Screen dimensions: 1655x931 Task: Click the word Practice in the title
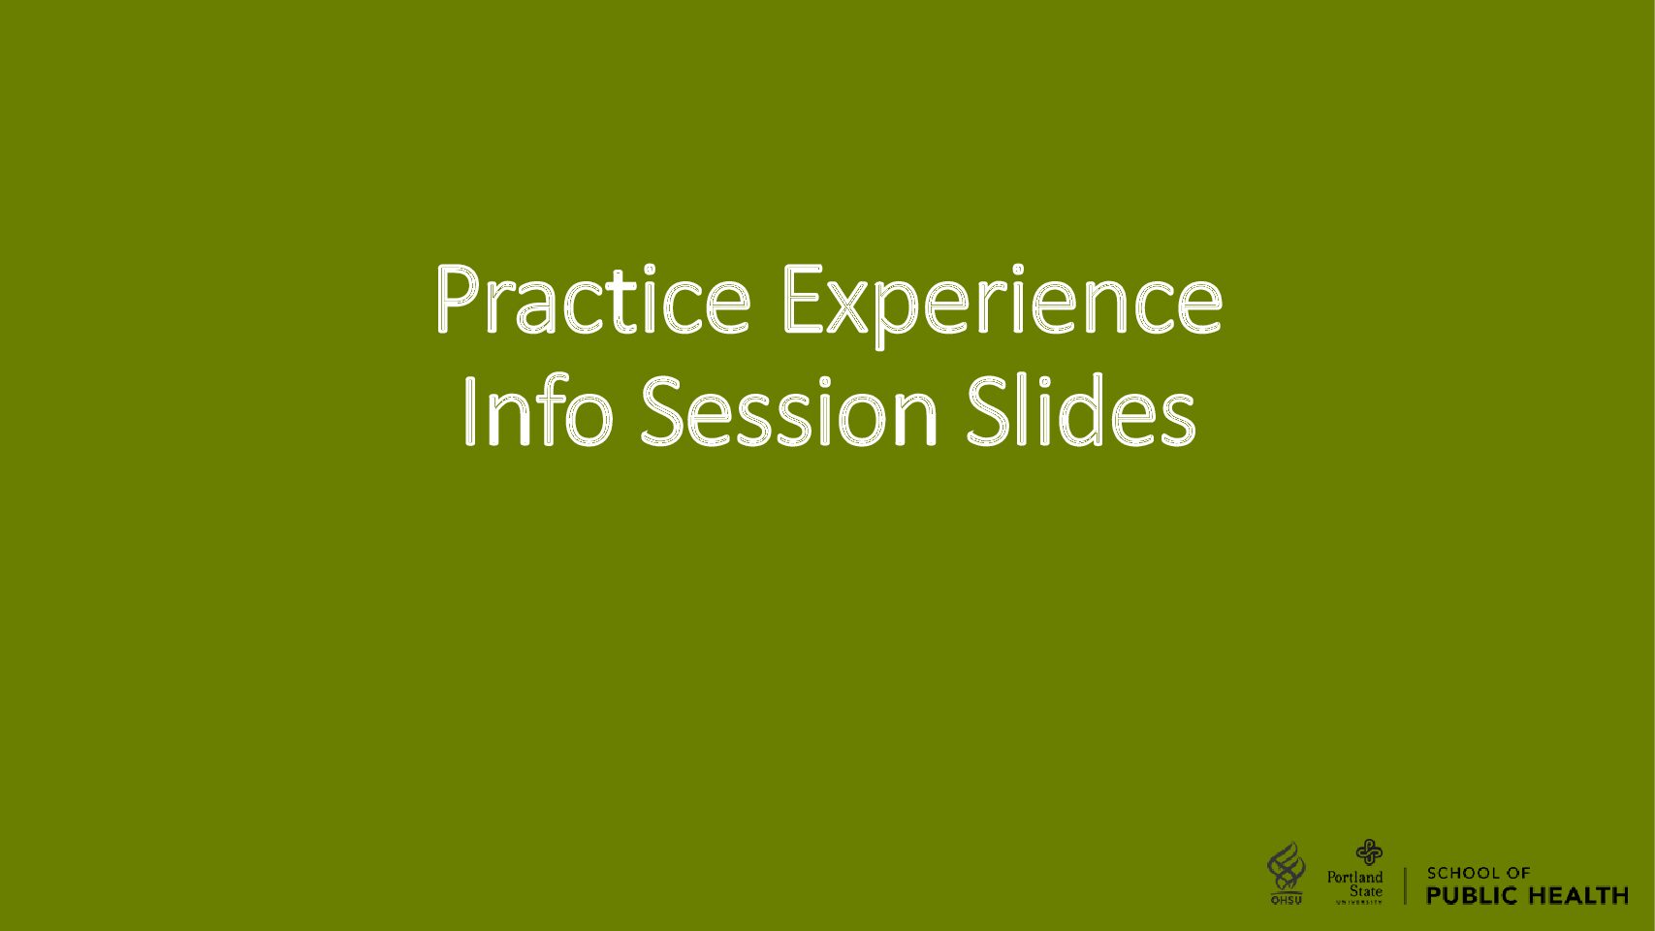[x=593, y=299]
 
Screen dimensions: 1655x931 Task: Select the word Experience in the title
[x=1003, y=305]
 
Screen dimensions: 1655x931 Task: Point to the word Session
[x=788, y=411]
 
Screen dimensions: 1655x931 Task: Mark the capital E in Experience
[x=803, y=299]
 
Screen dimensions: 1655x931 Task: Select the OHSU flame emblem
[x=1287, y=867]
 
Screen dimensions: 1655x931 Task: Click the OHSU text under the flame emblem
[x=1287, y=900]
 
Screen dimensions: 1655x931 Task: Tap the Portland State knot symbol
[x=1369, y=851]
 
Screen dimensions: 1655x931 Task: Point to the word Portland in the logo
[x=1354, y=877]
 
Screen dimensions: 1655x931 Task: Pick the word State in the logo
[x=1366, y=891]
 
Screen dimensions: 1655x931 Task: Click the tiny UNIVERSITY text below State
[x=1358, y=902]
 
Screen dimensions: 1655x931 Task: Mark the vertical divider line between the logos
[x=1405, y=885]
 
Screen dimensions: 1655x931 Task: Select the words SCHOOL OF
[x=1479, y=874]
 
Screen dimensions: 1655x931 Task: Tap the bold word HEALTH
[x=1577, y=895]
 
